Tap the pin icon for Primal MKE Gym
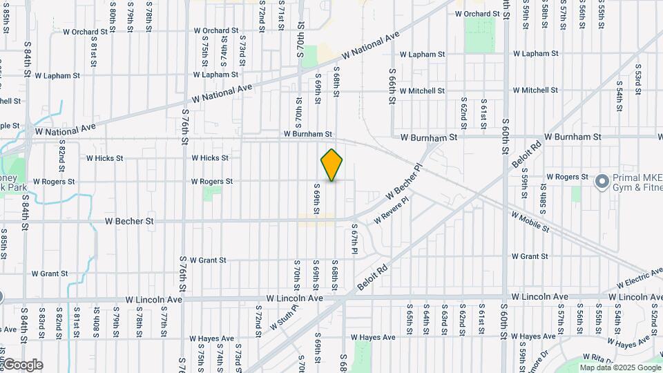pos(602,182)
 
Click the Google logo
pos(23,365)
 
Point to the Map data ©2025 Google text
pos(619,367)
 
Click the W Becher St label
pos(129,222)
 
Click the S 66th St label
pos(392,86)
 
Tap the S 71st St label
pos(281,15)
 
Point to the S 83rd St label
pos(42,323)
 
